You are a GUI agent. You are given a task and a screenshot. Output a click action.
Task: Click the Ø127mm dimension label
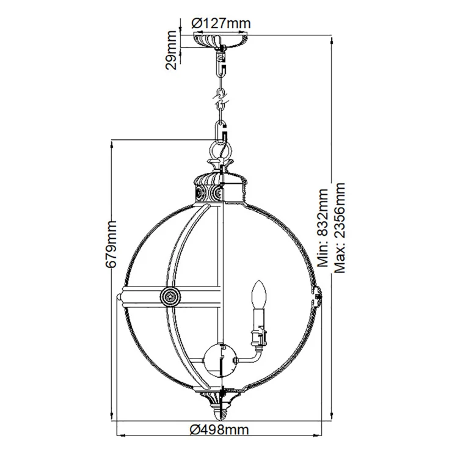221,23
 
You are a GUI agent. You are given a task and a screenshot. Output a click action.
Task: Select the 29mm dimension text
171,50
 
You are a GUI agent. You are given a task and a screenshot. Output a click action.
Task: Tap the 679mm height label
111,244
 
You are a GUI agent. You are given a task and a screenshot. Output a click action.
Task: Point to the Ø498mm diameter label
219,430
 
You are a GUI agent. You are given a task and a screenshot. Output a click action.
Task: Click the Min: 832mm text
323,228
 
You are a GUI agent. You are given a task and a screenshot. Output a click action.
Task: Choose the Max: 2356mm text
339,227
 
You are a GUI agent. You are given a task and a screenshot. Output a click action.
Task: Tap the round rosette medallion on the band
170,296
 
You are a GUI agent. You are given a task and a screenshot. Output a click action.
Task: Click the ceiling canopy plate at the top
221,40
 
